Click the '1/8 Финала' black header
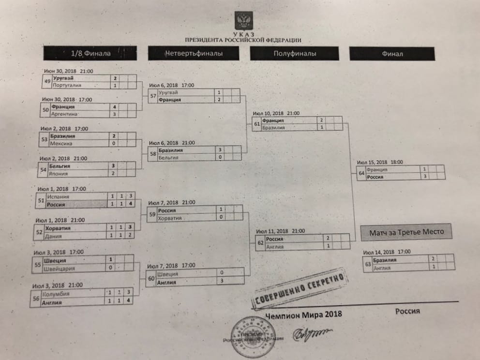tap(90, 53)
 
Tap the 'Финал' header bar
tap(391, 54)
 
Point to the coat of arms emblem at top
tap(242, 21)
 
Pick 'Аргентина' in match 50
tap(66, 114)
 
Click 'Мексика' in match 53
tap(63, 144)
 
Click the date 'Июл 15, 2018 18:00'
tap(379, 162)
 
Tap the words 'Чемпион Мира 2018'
tap(303, 315)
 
